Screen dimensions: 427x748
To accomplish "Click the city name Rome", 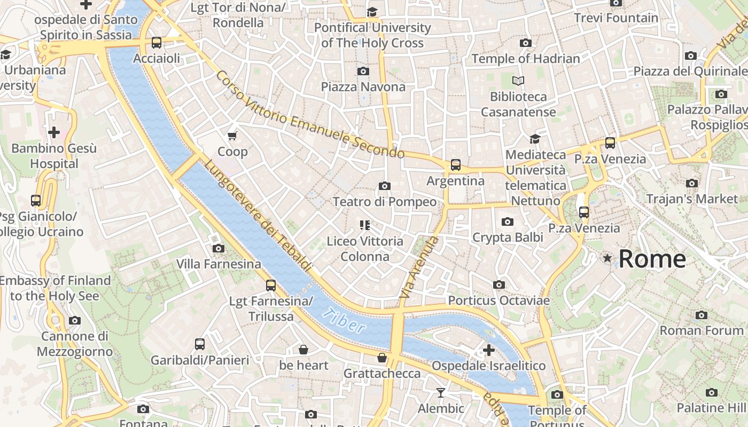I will pyautogui.click(x=652, y=259).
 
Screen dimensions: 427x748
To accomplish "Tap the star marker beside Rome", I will pyautogui.click(x=607, y=258).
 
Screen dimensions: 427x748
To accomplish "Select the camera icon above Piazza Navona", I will pyautogui.click(x=363, y=71).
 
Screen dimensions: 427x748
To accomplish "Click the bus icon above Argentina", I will pyautogui.click(x=455, y=165).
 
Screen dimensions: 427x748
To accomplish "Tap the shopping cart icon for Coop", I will pyautogui.click(x=232, y=136).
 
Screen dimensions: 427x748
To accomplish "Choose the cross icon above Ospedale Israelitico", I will pyautogui.click(x=488, y=350).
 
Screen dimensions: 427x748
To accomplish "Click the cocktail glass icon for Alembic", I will pyautogui.click(x=440, y=393).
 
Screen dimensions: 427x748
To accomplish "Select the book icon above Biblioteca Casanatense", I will pyautogui.click(x=518, y=81).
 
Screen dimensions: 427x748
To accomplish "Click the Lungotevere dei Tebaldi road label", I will pyautogui.click(x=258, y=216).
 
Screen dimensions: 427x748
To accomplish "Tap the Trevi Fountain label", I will pyautogui.click(x=616, y=18).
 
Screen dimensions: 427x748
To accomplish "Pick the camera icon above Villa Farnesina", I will pyautogui.click(x=218, y=248).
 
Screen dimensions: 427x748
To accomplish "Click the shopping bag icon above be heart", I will pyautogui.click(x=303, y=350).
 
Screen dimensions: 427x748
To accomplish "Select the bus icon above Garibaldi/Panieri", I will pyautogui.click(x=200, y=344).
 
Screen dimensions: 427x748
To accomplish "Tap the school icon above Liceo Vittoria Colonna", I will pyautogui.click(x=365, y=225).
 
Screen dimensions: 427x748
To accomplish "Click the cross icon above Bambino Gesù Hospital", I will pyautogui.click(x=54, y=132).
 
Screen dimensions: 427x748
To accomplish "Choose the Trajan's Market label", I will pyautogui.click(x=691, y=199).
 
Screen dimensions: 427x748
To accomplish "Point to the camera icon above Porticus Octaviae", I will pyautogui.click(x=498, y=285).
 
